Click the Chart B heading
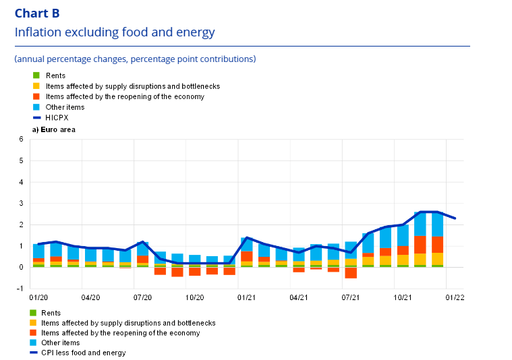37,13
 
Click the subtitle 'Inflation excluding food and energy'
115,32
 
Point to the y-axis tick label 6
22,140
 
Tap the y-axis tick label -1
20,289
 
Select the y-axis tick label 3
22,204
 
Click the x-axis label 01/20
38,297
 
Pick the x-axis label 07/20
142,297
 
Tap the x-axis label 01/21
246,297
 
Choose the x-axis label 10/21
403,297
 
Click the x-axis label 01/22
455,297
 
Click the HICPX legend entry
57,117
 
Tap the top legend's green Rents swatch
36,76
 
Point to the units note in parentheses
135,59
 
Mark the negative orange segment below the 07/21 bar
351,272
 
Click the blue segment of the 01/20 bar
38,251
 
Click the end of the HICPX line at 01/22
455,218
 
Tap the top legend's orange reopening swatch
36,96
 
